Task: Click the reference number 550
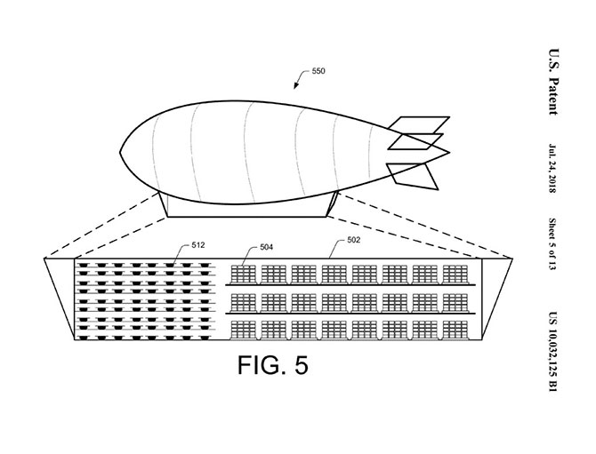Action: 318,71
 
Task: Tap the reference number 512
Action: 198,245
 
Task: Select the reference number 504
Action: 267,247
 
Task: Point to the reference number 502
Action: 353,240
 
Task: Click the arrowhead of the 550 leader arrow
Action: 295,86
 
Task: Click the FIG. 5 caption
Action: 273,365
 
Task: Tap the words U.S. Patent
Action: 553,82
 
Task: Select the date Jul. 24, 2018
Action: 552,168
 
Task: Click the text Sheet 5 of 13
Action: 552,244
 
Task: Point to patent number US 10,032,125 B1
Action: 552,352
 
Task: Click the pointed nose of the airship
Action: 121,153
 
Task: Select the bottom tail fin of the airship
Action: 413,176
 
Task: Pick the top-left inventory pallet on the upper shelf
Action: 244,275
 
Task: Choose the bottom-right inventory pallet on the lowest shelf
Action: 455,331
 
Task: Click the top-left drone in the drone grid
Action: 83,265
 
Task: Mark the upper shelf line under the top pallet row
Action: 350,284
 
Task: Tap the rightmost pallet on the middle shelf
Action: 455,303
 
